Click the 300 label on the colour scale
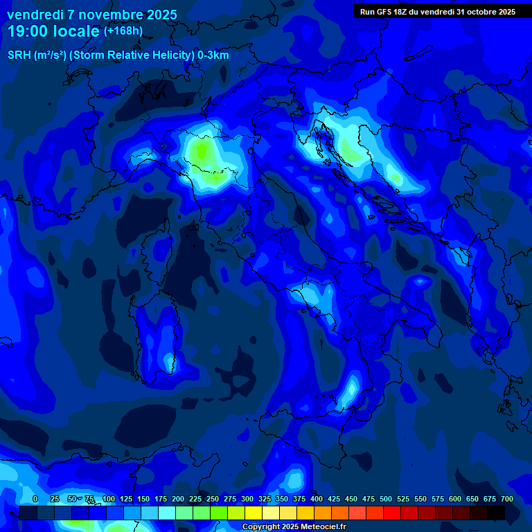[247, 499]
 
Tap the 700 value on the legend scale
[506, 499]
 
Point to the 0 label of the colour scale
[35, 499]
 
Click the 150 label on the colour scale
[143, 499]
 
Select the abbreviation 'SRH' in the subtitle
[19, 55]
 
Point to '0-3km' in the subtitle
[213, 55]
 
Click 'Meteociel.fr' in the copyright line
[323, 527]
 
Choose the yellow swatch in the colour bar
[254, 513]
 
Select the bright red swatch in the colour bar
[392, 513]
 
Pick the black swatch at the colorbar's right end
[496, 513]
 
